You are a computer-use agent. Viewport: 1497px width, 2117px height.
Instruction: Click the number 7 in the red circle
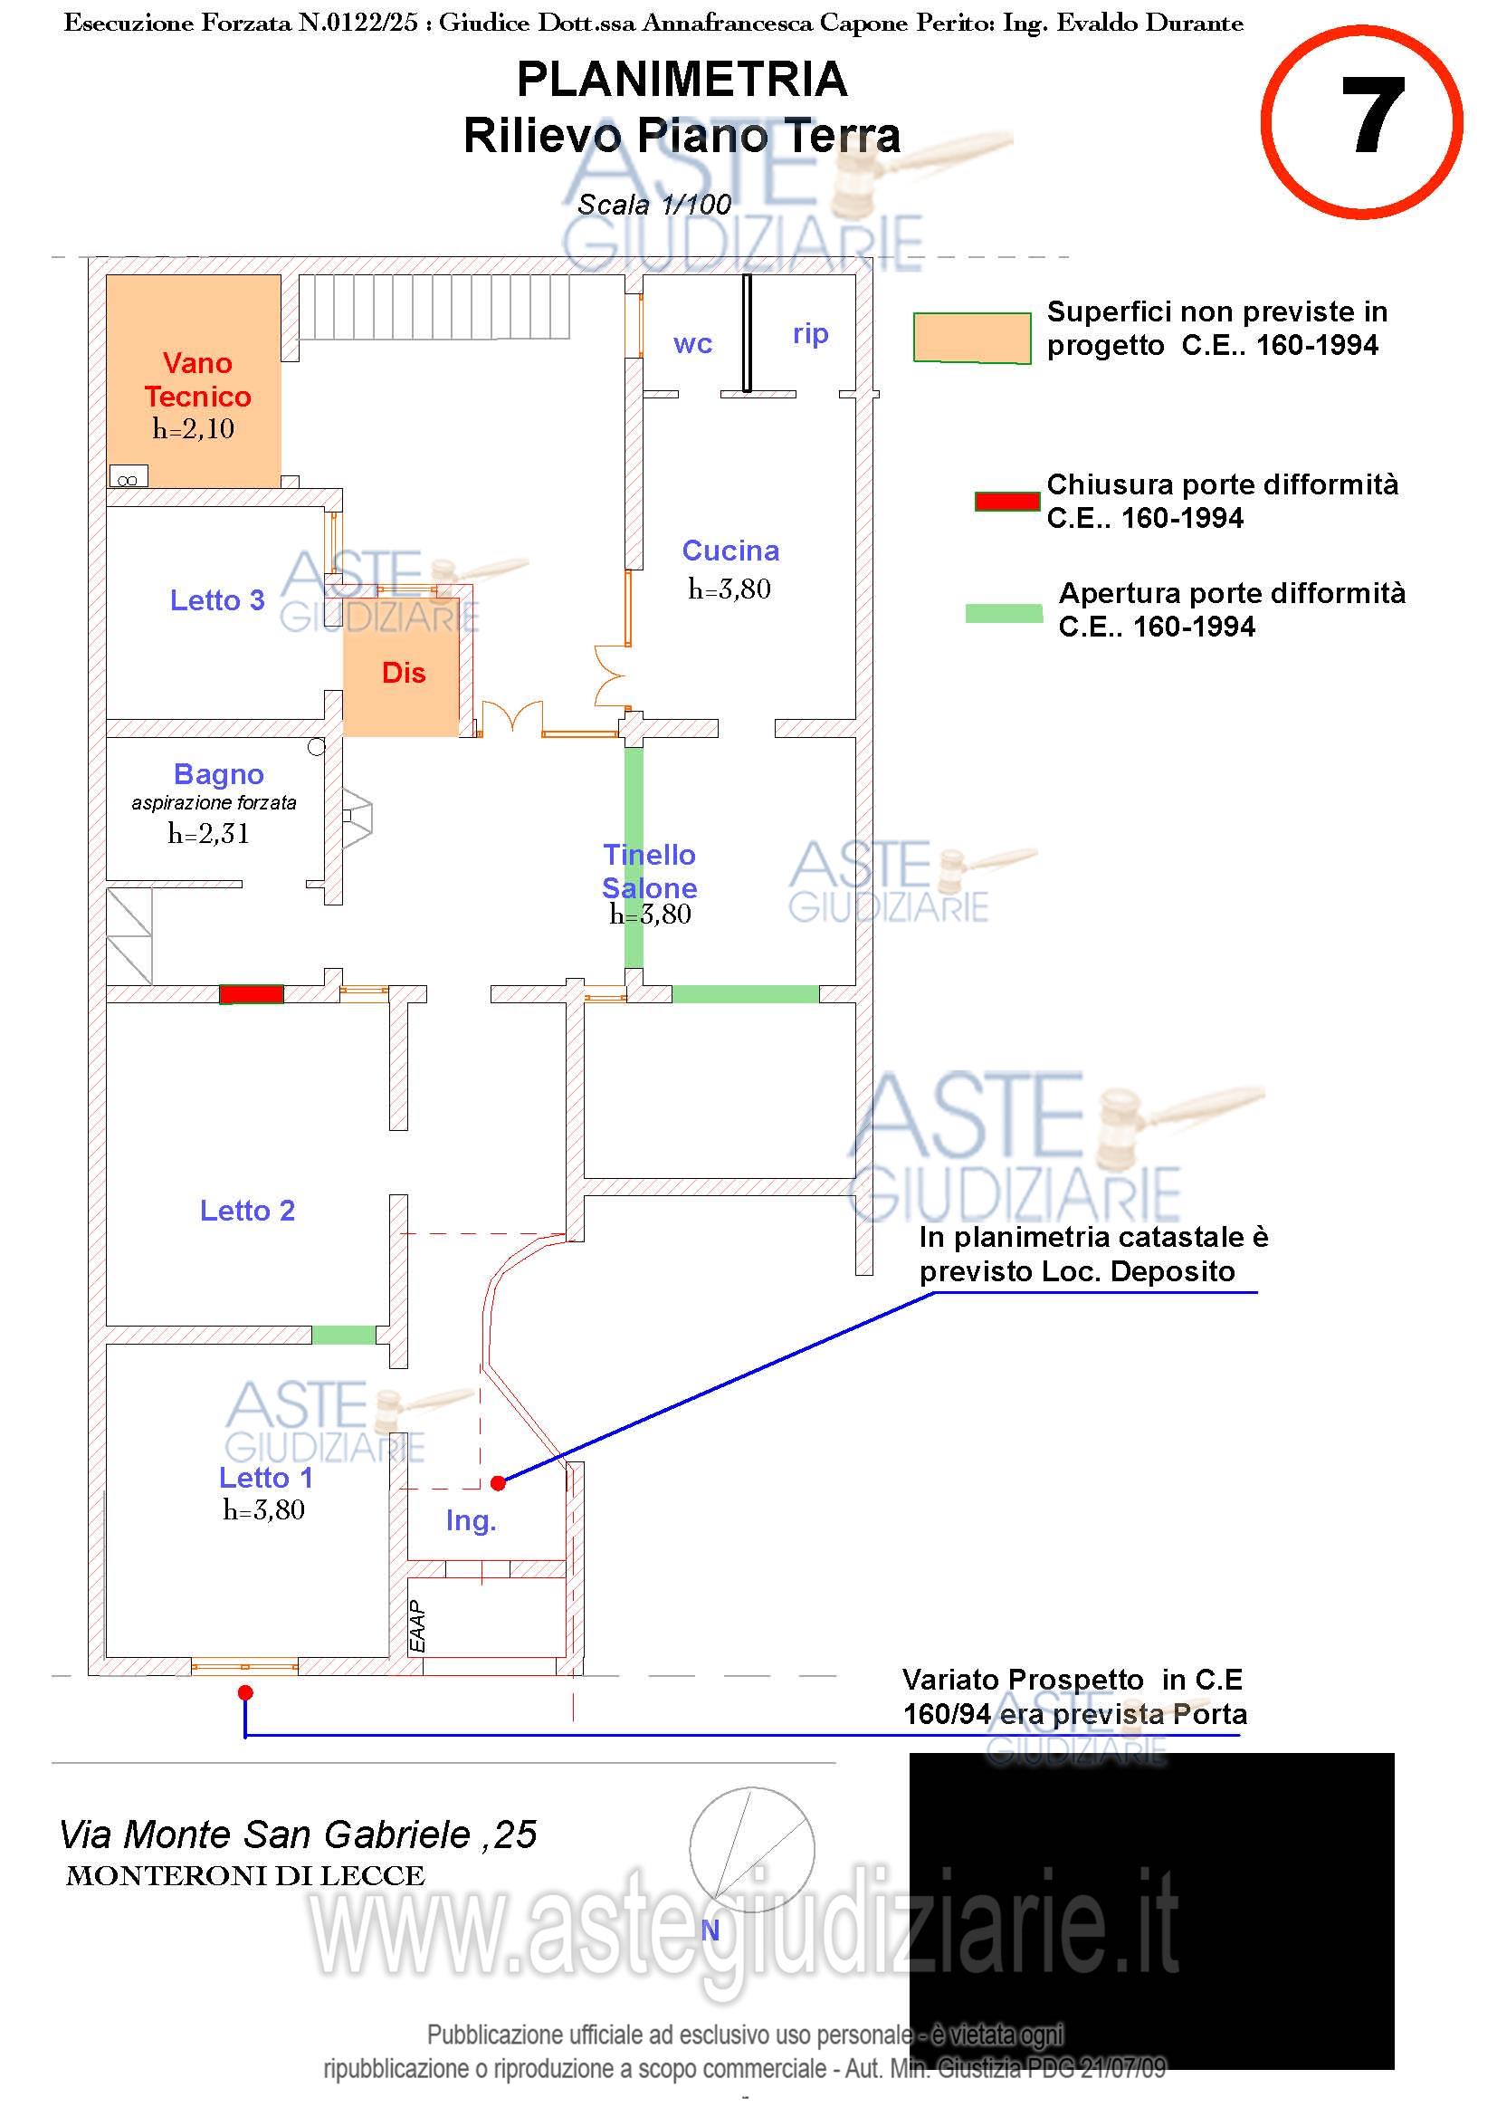click(1371, 117)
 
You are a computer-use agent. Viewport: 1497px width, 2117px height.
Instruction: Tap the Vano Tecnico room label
click(197, 380)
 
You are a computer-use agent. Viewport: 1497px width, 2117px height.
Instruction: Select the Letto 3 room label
click(217, 600)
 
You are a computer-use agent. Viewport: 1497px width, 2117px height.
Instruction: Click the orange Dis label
click(404, 673)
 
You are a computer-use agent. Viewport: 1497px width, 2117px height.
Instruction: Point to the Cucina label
click(730, 551)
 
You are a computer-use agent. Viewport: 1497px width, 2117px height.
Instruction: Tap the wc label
click(692, 344)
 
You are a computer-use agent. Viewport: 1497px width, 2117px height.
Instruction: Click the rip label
click(810, 333)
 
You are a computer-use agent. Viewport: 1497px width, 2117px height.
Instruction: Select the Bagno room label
click(218, 773)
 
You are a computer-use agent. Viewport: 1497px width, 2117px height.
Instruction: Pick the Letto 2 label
click(247, 1210)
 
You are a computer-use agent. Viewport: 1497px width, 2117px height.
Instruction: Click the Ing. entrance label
click(470, 1520)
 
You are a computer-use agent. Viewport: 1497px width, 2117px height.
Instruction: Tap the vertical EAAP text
click(417, 1626)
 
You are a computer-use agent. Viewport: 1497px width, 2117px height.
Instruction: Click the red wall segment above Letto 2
click(251, 994)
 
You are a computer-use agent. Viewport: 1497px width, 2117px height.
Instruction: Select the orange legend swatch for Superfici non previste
click(971, 338)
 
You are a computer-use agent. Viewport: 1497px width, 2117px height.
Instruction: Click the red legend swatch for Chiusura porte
click(1006, 502)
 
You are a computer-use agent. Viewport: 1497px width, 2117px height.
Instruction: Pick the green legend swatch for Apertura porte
click(1004, 613)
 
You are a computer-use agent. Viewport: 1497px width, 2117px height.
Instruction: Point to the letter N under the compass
click(710, 1930)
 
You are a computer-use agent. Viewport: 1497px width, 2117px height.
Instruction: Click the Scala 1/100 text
click(653, 205)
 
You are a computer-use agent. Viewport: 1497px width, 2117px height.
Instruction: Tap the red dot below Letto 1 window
click(245, 1693)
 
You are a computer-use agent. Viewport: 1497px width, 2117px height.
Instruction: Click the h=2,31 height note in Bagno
click(208, 834)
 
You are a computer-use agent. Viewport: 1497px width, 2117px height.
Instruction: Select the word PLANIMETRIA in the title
click(682, 80)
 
